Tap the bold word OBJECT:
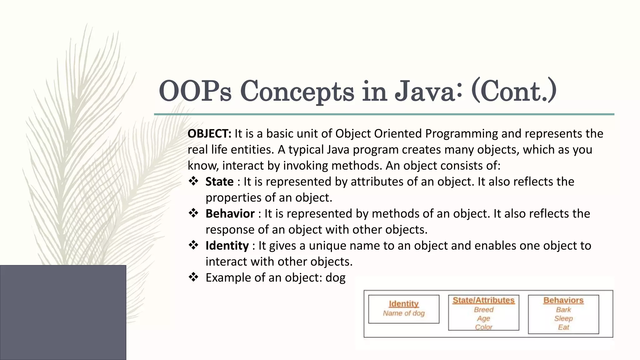(x=209, y=134)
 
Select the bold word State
(x=219, y=182)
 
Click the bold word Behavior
(x=230, y=214)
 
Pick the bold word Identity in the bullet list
(x=227, y=246)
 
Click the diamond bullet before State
(x=193, y=181)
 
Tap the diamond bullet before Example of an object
(x=193, y=277)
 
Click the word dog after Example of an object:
(x=335, y=278)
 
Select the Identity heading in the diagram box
(x=403, y=304)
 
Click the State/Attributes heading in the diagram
(x=483, y=300)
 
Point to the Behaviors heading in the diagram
(x=563, y=300)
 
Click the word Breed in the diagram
(x=483, y=310)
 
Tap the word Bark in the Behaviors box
(x=563, y=310)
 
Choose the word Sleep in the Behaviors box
(x=563, y=318)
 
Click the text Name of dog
(x=403, y=313)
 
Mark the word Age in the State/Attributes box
(x=483, y=318)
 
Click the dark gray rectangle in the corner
(x=63, y=312)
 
